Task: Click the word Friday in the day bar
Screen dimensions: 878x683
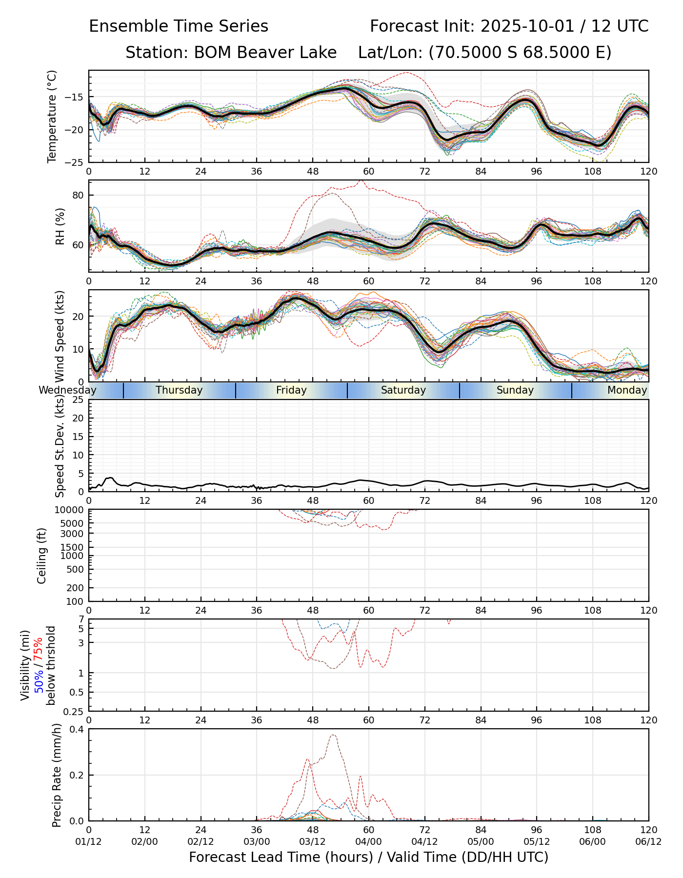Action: pyautogui.click(x=291, y=390)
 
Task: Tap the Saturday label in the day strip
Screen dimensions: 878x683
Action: pyautogui.click(x=403, y=390)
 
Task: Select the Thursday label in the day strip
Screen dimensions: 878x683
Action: pyautogui.click(x=179, y=390)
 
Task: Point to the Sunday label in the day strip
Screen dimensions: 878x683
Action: pyautogui.click(x=515, y=390)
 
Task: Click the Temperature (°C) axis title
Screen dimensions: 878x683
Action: pyautogui.click(x=52, y=116)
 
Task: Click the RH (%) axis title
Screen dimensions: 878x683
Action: pyautogui.click(x=60, y=226)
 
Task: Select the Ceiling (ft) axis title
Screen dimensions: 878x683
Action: pyautogui.click(x=42, y=556)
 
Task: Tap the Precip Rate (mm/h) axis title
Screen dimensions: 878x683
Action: pyautogui.click(x=57, y=775)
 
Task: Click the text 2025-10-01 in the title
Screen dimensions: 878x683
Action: pyautogui.click(x=527, y=26)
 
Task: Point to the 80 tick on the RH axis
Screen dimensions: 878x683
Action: pyautogui.click(x=78, y=196)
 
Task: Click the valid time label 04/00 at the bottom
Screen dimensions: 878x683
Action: pyautogui.click(x=368, y=842)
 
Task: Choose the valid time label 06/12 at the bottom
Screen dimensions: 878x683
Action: pyautogui.click(x=648, y=842)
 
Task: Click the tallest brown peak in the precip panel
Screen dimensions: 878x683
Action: pyautogui.click(x=333, y=735)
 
